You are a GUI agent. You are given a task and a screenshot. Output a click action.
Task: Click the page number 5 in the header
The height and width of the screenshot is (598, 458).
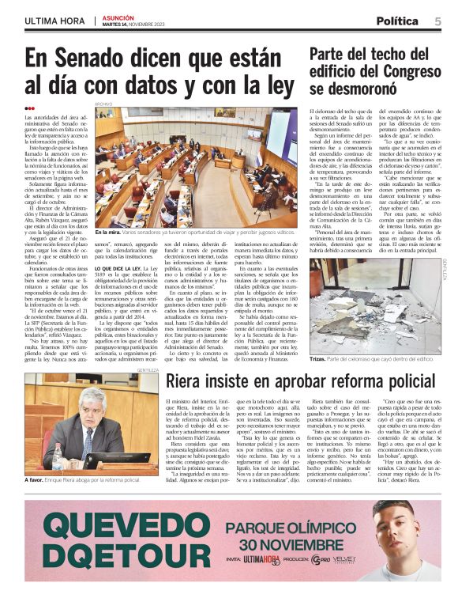click(x=437, y=21)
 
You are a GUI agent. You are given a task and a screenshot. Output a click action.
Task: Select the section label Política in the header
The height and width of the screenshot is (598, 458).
click(x=397, y=21)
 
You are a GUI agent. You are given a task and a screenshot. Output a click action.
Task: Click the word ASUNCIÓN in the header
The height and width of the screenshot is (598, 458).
click(x=118, y=16)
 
